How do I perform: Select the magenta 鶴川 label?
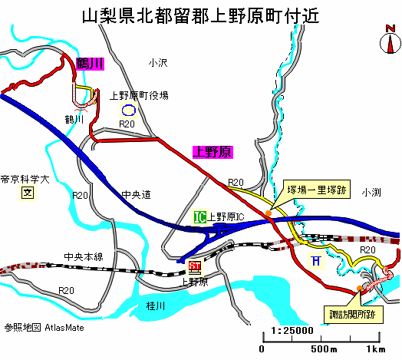click(x=91, y=64)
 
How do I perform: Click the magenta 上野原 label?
click(x=213, y=152)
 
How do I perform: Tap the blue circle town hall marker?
click(x=128, y=111)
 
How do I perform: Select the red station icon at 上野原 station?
click(x=194, y=266)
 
